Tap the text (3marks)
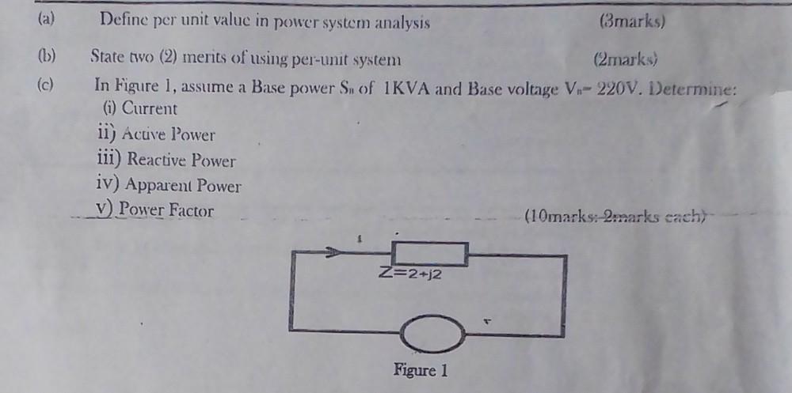(633, 21)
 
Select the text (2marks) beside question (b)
(626, 59)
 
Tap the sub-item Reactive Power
(166, 161)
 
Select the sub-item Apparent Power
(168, 187)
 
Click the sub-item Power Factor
(154, 211)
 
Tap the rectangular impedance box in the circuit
(429, 254)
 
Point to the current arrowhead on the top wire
(336, 253)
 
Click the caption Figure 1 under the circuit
(421, 369)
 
